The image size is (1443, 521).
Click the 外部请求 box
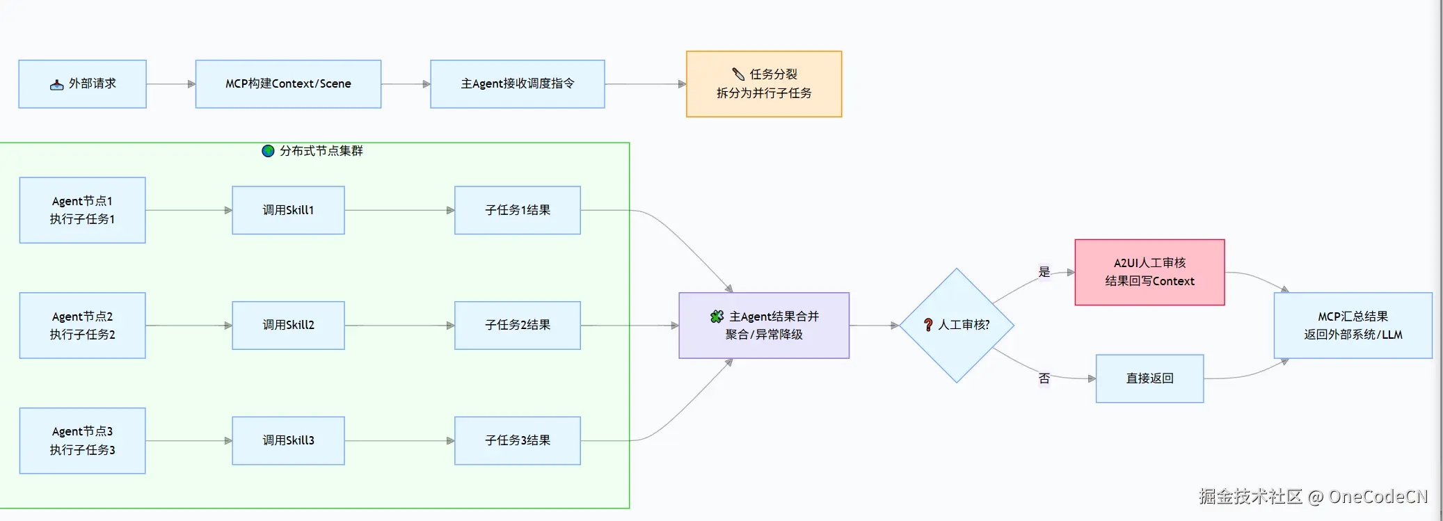coord(82,84)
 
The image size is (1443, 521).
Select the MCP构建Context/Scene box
coord(288,84)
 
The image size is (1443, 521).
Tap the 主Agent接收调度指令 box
coord(517,84)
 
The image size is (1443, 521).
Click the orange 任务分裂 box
coord(763,84)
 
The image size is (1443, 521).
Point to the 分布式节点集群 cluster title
coord(321,151)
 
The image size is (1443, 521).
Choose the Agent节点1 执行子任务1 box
coord(82,210)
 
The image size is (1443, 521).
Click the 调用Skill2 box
coord(288,326)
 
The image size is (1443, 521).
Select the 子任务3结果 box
coord(517,441)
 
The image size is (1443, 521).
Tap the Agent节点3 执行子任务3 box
coord(82,441)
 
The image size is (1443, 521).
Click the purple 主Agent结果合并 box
coord(763,326)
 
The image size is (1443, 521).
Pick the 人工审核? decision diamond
coord(956,326)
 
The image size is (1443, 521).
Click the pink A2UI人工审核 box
coord(1149,273)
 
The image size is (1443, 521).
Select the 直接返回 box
coord(1149,378)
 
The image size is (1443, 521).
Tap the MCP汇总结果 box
coord(1352,326)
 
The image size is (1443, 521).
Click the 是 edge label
coord(1044,272)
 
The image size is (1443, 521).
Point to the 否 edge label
coord(1044,378)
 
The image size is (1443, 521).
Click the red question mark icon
coord(928,325)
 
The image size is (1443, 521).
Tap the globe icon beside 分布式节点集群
coord(268,151)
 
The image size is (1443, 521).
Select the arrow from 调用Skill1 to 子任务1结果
coord(399,210)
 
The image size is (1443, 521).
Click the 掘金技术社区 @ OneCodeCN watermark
coord(1312,497)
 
